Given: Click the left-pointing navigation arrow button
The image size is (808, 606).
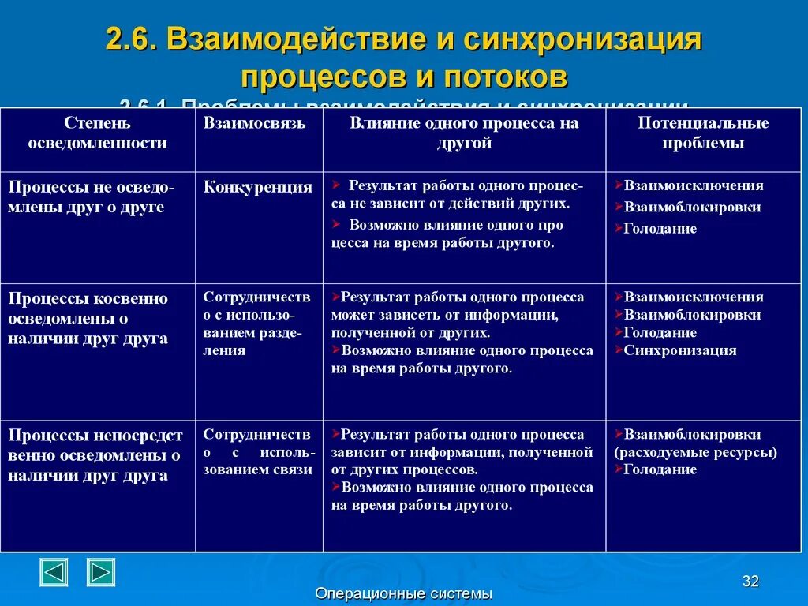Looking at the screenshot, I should [x=54, y=572].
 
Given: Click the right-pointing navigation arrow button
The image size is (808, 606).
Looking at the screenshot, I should [x=101, y=572].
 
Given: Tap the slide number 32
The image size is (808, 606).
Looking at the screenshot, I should [x=750, y=582].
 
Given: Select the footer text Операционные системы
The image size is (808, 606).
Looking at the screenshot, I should [x=403, y=594].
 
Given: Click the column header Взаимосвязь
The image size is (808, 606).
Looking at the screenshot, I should [x=254, y=123].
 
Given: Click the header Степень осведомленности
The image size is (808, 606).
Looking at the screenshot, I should [x=98, y=133].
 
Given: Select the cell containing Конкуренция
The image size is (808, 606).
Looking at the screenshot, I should [x=258, y=188].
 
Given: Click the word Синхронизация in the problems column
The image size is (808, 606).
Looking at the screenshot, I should [x=679, y=350].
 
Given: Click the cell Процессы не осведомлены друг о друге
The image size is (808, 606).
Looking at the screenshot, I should [x=92, y=197].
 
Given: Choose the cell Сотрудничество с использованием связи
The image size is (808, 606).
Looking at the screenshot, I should [x=259, y=452].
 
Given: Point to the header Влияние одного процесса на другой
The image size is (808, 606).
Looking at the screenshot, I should [x=465, y=133].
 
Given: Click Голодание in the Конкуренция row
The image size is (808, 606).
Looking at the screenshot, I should [x=660, y=229].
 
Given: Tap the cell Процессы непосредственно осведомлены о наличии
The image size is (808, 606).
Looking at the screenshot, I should [x=95, y=455].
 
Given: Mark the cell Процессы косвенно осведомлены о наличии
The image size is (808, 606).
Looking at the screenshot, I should [x=88, y=318].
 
